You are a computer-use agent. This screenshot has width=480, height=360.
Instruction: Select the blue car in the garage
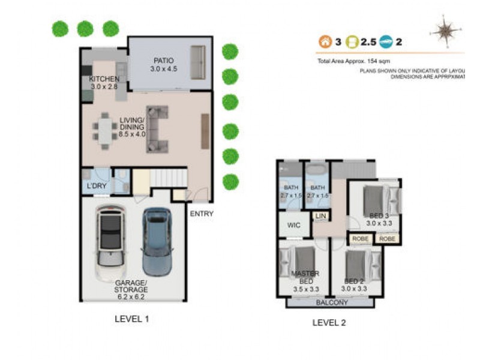pyautogui.click(x=156, y=241)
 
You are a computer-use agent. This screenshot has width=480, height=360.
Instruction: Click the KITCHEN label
pyautogui.click(x=104, y=79)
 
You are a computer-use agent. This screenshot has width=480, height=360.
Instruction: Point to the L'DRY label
pyautogui.click(x=96, y=186)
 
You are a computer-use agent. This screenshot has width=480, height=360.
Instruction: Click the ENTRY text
pyautogui.click(x=201, y=214)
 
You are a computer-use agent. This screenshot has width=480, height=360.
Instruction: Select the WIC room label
pyautogui.click(x=293, y=226)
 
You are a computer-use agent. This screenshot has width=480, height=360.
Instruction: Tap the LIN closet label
pyautogui.click(x=321, y=215)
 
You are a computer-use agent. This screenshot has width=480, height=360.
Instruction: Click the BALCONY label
pyautogui.click(x=332, y=302)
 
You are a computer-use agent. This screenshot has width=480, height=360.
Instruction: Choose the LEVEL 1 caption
pyautogui.click(x=131, y=319)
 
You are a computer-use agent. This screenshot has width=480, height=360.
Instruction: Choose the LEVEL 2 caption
pyautogui.click(x=329, y=323)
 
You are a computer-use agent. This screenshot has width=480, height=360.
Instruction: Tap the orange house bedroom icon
pyautogui.click(x=325, y=42)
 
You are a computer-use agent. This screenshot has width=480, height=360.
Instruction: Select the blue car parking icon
pyautogui.click(x=384, y=42)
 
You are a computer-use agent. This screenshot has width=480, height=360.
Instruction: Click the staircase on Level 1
pyautogui.click(x=167, y=178)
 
